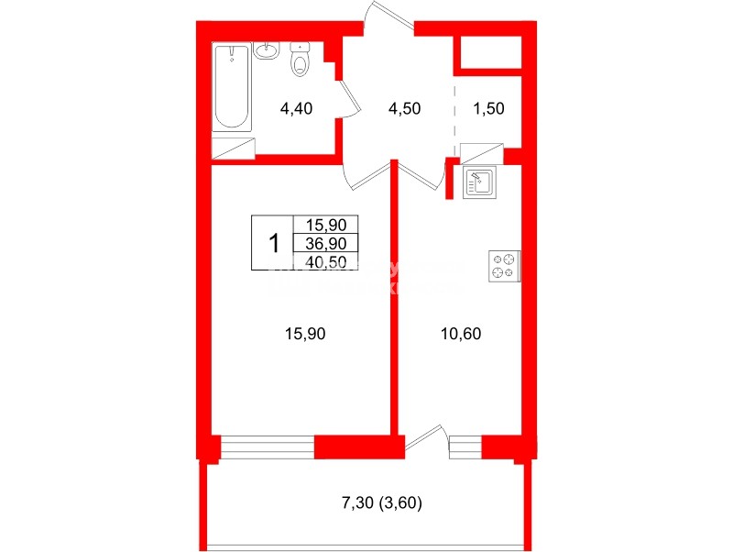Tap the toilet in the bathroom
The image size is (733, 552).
click(x=301, y=60)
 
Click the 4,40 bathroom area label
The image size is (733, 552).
click(x=296, y=108)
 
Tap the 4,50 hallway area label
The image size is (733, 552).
click(x=404, y=108)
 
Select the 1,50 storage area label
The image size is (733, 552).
click(x=488, y=108)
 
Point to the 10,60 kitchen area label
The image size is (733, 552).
click(x=461, y=334)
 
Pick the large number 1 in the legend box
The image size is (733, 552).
click(x=272, y=244)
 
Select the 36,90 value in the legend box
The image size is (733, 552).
click(x=326, y=243)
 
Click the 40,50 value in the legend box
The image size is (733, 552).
click(x=326, y=260)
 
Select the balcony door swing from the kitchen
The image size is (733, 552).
click(x=427, y=439)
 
